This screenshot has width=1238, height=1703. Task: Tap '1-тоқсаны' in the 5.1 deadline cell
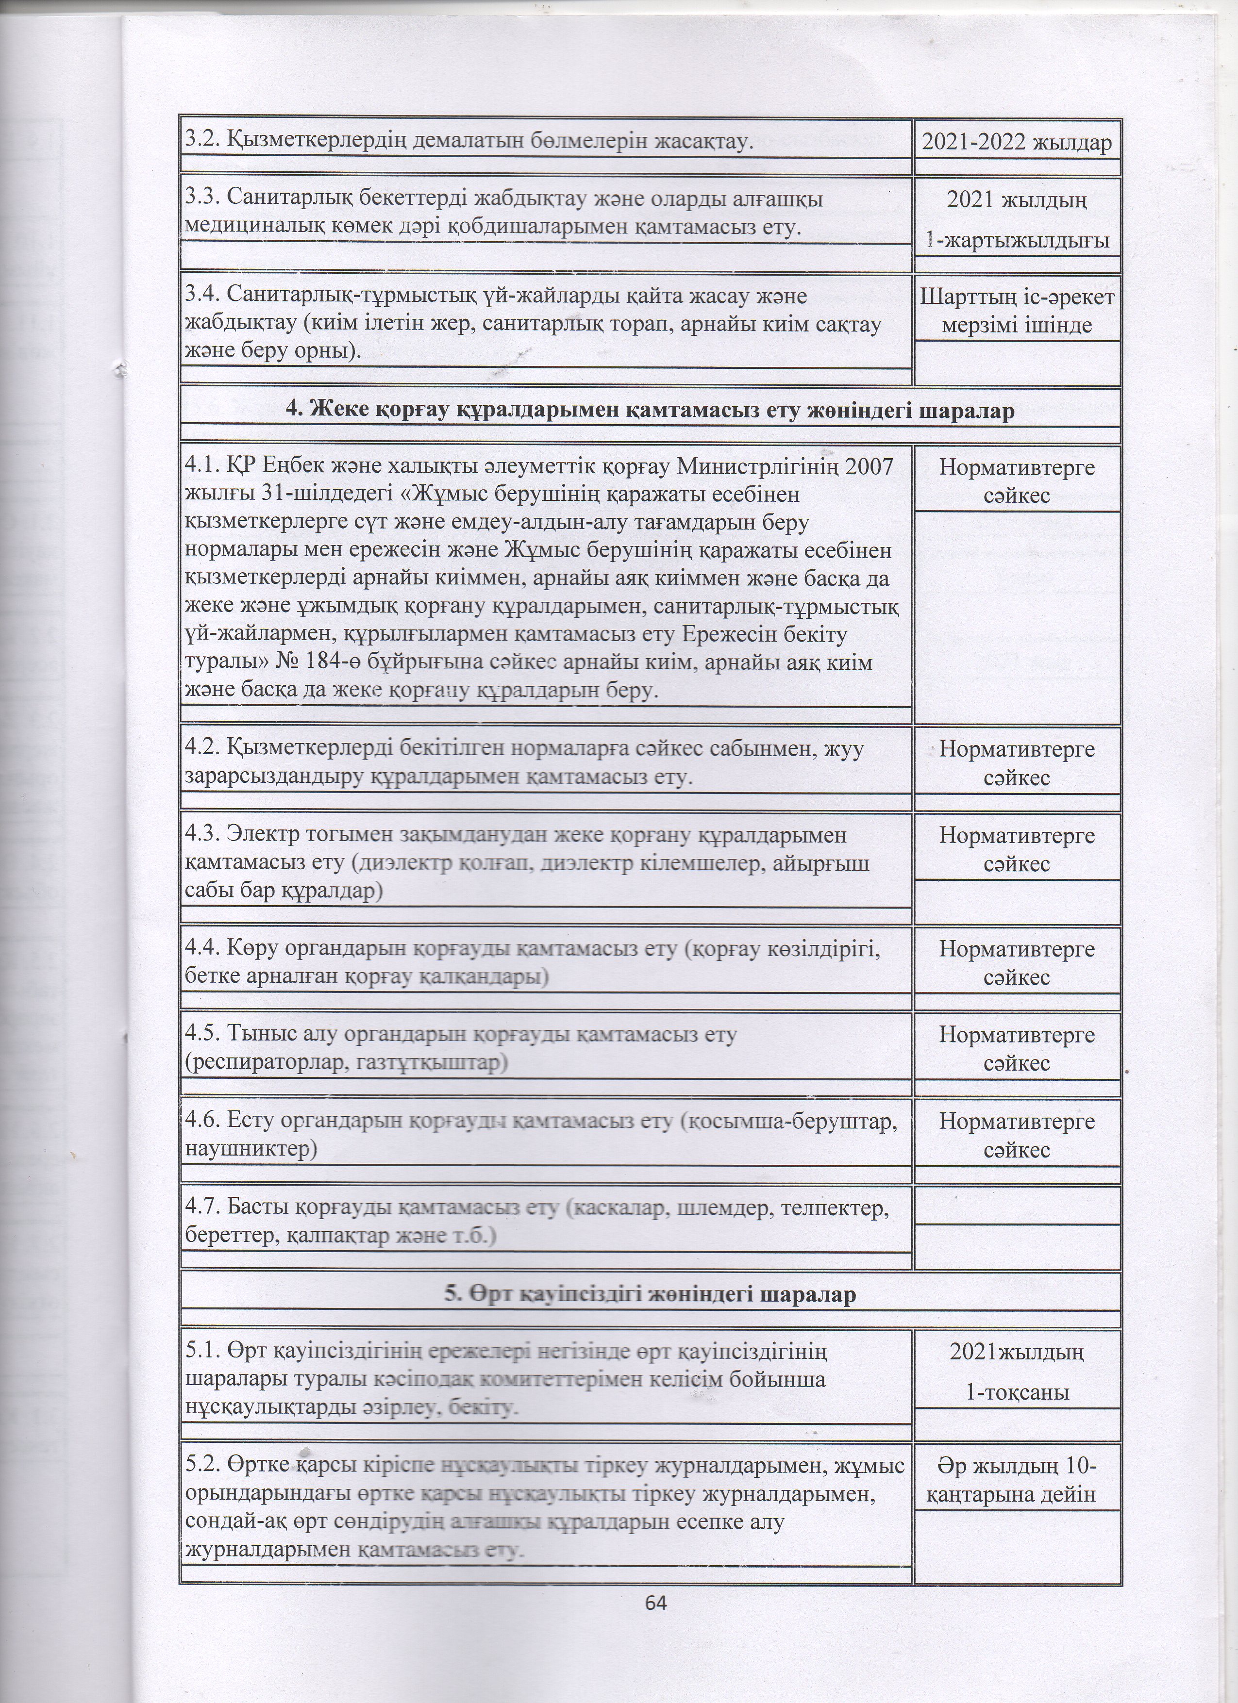click(1017, 1393)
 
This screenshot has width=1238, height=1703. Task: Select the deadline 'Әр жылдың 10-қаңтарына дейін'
click(1017, 1478)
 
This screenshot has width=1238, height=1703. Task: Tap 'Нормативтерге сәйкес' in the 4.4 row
click(1017, 962)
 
